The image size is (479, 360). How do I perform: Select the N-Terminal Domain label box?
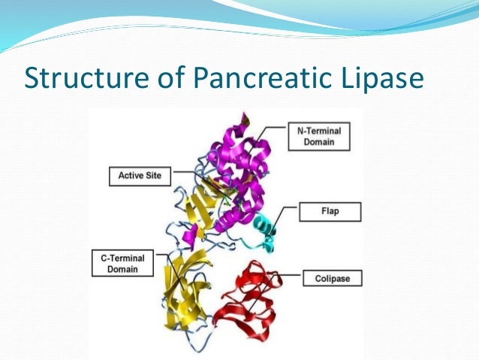317,136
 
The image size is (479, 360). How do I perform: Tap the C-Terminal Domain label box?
122,263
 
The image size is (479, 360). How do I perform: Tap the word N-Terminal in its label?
317,131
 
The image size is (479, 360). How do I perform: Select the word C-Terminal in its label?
122,258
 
